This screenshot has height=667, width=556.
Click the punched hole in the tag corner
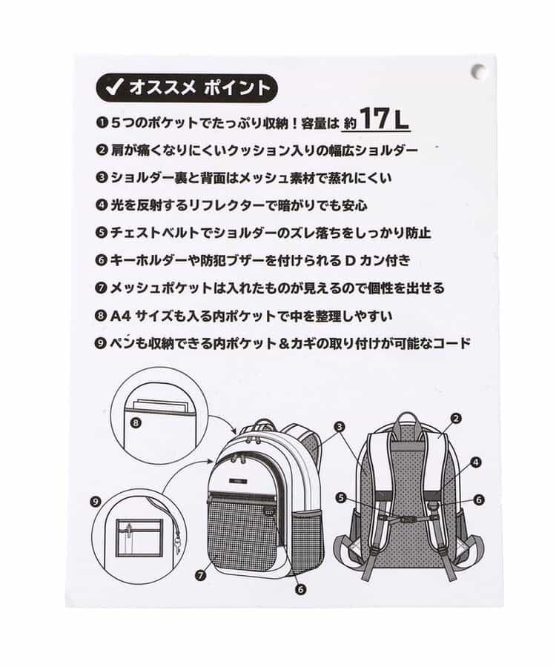click(479, 71)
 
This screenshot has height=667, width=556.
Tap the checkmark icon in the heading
click(113, 87)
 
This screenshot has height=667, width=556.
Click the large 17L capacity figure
click(384, 119)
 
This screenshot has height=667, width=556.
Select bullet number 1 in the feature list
click(102, 123)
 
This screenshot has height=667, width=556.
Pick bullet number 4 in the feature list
click(102, 205)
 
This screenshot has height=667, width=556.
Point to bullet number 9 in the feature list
click(102, 343)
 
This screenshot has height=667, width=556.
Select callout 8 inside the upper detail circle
click(135, 423)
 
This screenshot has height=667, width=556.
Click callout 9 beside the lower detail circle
click(96, 502)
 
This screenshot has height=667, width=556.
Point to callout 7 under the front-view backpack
click(200, 576)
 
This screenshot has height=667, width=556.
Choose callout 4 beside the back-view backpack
click(476, 462)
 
